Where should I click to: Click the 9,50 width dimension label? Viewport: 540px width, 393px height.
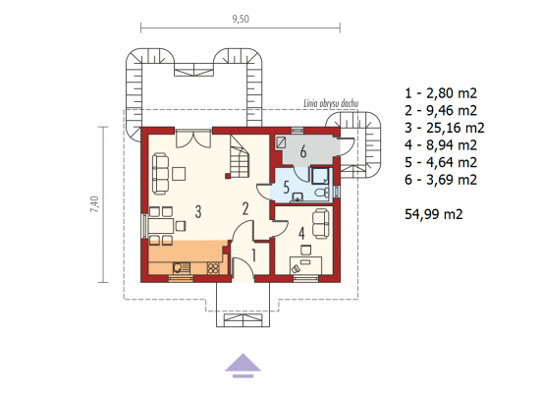click(241, 19)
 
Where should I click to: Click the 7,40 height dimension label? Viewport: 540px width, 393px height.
click(94, 204)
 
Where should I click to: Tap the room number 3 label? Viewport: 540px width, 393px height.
click(198, 211)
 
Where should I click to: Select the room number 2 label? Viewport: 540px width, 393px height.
click(245, 208)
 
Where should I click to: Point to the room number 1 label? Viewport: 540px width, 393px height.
click(254, 255)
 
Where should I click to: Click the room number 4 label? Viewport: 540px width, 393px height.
click(301, 234)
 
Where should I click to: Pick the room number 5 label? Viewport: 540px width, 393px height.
click(287, 188)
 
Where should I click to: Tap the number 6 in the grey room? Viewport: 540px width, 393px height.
click(303, 151)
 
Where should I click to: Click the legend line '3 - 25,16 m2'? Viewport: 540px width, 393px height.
click(445, 128)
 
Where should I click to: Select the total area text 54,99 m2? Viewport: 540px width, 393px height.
click(434, 214)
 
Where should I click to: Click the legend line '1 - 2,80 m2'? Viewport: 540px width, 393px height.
click(441, 93)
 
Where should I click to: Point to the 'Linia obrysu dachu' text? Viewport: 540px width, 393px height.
click(331, 103)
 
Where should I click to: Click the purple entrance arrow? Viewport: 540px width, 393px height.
click(243, 365)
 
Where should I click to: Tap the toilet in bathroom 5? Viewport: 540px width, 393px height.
click(322, 193)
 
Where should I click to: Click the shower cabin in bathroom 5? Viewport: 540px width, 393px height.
click(320, 176)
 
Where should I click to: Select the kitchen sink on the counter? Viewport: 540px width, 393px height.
click(182, 268)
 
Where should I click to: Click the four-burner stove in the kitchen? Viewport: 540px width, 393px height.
click(213, 268)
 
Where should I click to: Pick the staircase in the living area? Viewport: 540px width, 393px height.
click(238, 155)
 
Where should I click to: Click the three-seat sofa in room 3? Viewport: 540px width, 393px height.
click(160, 174)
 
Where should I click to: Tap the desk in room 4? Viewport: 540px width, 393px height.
click(306, 264)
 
